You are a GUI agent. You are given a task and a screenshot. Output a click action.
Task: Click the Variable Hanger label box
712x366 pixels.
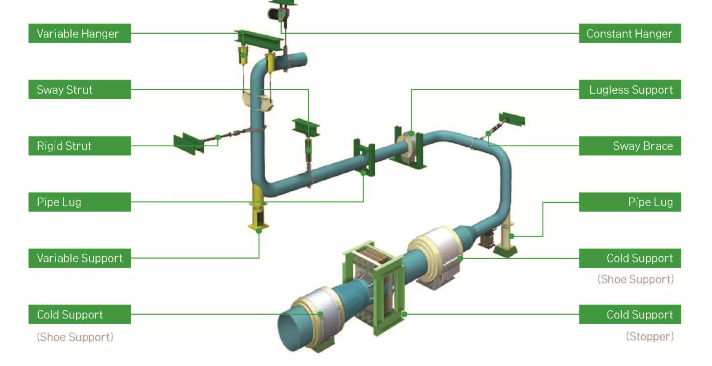[80, 33]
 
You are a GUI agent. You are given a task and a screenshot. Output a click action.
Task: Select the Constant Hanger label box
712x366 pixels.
[630, 33]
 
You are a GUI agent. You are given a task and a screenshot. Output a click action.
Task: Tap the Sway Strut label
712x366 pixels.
[80, 89]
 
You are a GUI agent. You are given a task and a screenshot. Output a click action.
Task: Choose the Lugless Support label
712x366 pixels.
[630, 89]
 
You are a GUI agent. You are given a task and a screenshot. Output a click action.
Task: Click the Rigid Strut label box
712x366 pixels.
[80, 146]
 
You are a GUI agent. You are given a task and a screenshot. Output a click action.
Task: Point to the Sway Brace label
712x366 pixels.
[630, 146]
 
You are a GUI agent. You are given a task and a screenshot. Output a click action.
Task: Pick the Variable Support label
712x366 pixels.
[80, 258]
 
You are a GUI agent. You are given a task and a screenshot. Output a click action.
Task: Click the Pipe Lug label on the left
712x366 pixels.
[80, 202]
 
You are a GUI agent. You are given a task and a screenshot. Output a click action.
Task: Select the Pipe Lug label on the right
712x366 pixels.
[630, 202]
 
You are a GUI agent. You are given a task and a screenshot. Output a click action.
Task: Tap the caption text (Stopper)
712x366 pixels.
[650, 337]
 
